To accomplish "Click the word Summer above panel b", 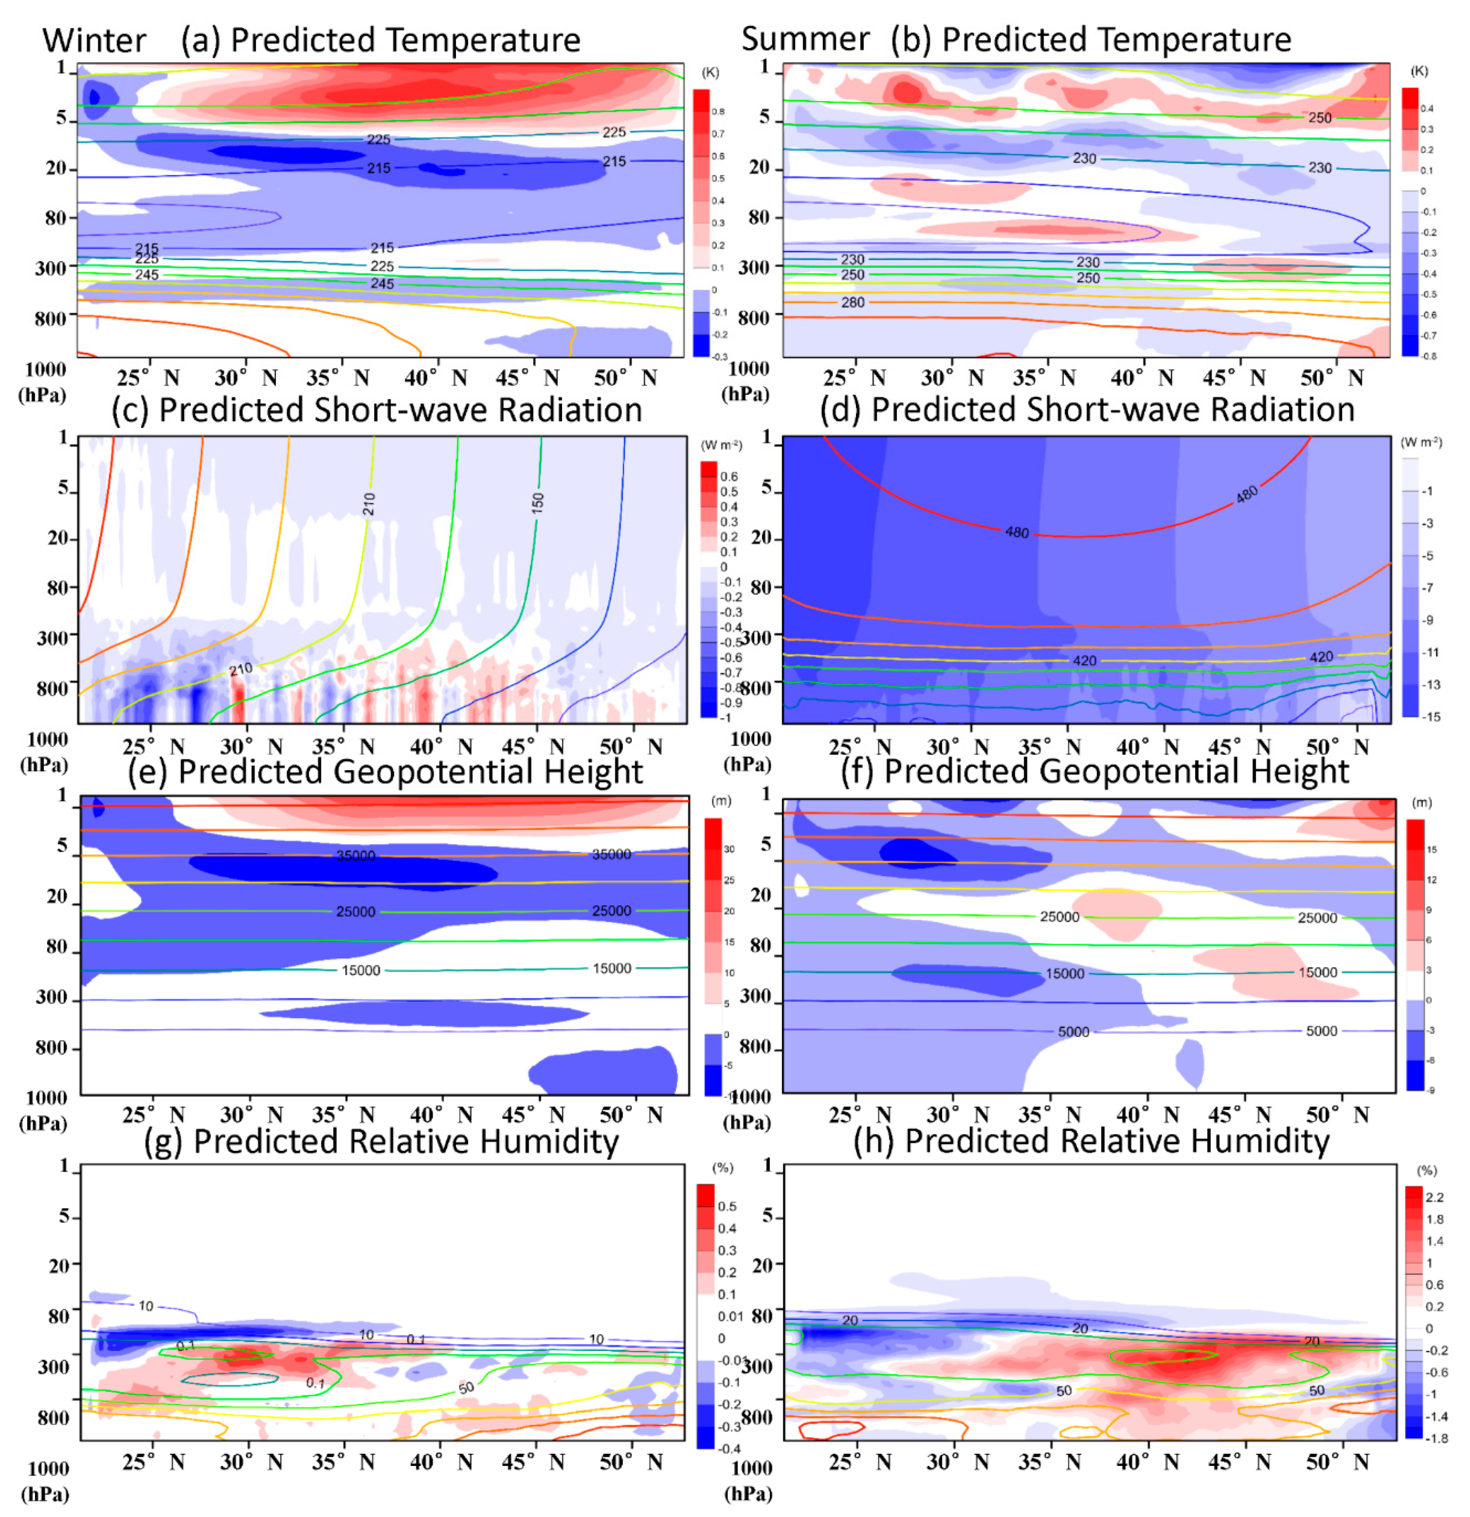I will tap(805, 39).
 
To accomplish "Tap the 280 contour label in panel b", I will tap(852, 302).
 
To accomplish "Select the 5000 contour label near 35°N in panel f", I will tap(1073, 1032).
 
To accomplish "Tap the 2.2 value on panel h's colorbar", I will tap(1435, 1198).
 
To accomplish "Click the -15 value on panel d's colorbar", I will tap(1431, 717).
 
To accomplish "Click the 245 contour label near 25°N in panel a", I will tap(146, 275).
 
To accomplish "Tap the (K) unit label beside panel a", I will tap(710, 73).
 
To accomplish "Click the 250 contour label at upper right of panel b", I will tap(1320, 118).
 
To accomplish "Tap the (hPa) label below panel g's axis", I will tap(44, 1494).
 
